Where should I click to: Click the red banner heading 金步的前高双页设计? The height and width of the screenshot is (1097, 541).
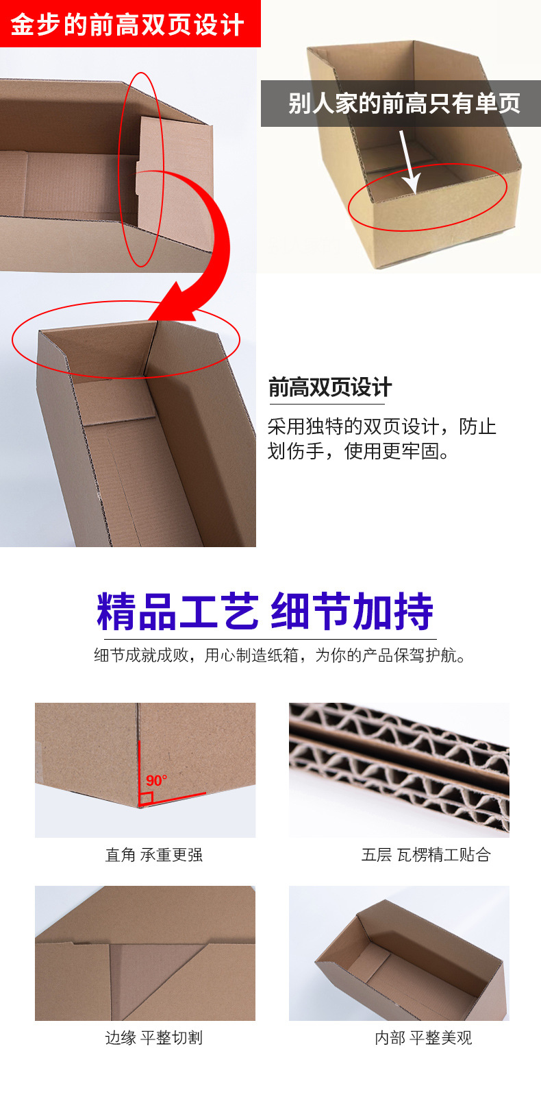(128, 25)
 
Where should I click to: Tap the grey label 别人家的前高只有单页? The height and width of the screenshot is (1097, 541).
(403, 104)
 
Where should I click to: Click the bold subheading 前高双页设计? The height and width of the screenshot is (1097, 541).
(329, 387)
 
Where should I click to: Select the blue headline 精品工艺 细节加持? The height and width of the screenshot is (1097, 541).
(265, 611)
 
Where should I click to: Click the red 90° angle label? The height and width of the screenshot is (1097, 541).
(156, 780)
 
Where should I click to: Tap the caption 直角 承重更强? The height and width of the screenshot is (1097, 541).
(153, 855)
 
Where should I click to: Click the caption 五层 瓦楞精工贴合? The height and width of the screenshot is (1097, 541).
(425, 855)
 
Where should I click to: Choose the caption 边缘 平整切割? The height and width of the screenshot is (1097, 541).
(153, 1038)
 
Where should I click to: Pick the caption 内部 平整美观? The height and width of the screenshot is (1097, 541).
(423, 1038)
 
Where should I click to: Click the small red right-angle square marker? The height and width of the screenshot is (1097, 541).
(145, 799)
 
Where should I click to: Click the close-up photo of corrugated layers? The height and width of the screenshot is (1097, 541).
(399, 769)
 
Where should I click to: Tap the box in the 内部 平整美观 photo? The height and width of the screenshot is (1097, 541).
(411, 960)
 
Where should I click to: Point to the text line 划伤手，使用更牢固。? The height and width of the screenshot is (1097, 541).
(359, 451)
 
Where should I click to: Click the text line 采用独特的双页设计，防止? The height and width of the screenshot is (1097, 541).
(381, 426)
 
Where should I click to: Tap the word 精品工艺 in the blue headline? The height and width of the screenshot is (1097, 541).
(177, 611)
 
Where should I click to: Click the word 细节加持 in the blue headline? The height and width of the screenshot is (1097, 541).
(352, 611)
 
